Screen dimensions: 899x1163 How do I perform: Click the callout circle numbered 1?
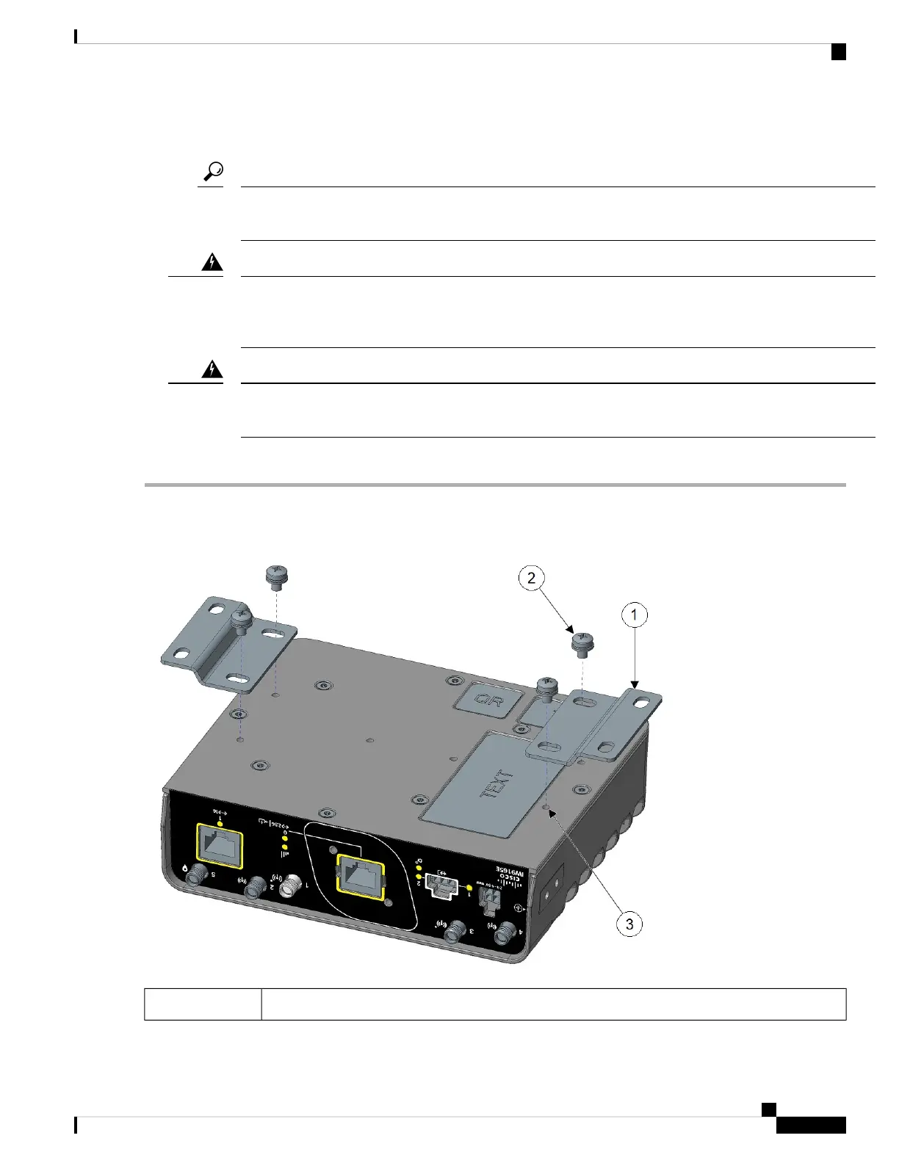coord(635,615)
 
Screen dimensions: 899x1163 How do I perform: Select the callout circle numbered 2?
coord(531,578)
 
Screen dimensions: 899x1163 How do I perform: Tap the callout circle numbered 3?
coord(629,924)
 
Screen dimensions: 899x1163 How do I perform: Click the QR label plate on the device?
coord(488,701)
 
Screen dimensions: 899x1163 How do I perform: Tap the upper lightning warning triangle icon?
coord(212,262)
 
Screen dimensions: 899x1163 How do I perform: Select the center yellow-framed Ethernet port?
coord(360,876)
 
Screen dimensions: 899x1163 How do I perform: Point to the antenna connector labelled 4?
coord(504,934)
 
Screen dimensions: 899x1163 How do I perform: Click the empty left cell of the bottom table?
coord(203,1004)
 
